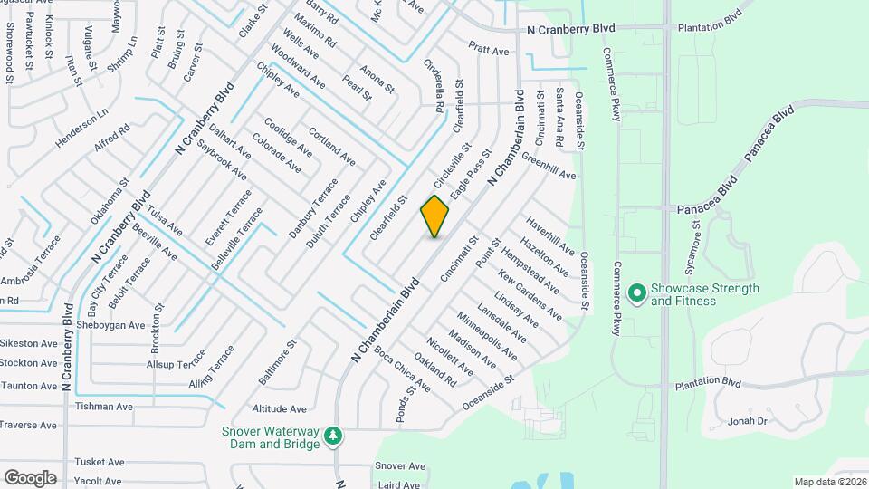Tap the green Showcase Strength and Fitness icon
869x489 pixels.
(x=636, y=292)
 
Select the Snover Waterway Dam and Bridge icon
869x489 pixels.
(x=334, y=437)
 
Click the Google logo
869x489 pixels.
(x=30, y=477)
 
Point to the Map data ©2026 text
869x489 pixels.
(x=830, y=482)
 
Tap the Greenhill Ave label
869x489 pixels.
(x=549, y=169)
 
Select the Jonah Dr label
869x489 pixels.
(x=748, y=421)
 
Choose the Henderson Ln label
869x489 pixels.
(x=81, y=128)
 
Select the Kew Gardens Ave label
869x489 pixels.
(x=530, y=296)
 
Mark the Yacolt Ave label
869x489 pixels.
(x=99, y=482)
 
